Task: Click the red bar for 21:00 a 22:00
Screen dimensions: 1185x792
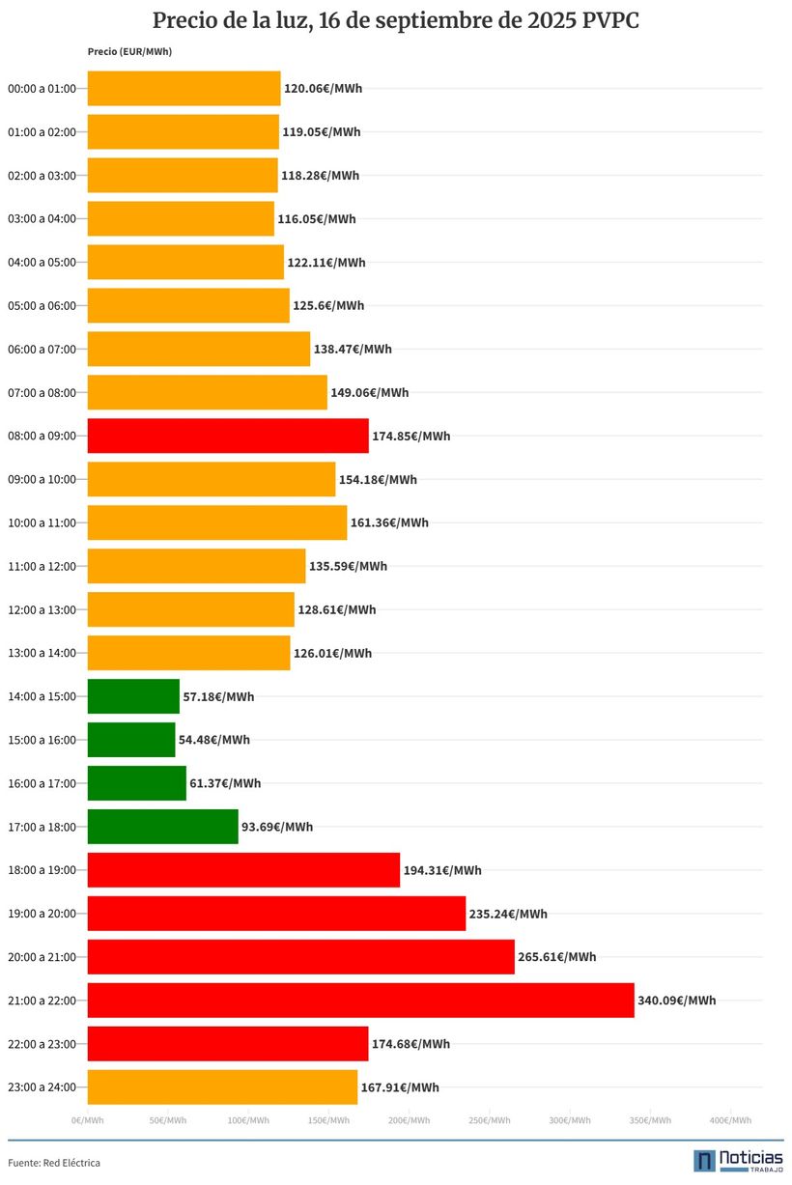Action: point(360,1001)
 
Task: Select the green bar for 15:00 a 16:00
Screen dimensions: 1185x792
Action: point(131,740)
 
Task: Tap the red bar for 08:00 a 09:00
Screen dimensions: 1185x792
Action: point(228,436)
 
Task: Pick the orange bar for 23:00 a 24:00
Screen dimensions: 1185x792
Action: point(222,1087)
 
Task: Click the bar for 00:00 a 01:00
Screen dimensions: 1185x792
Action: point(184,89)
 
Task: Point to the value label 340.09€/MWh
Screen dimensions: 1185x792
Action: point(676,1001)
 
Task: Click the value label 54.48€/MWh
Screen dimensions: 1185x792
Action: point(213,740)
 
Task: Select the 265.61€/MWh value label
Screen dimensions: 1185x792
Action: point(556,957)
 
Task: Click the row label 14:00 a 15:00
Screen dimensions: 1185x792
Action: point(42,696)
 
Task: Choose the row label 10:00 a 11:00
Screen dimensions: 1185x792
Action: point(42,522)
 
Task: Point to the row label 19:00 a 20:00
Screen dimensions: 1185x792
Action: point(42,914)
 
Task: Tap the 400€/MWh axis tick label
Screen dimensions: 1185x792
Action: point(730,1120)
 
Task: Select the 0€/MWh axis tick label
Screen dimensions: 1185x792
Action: point(88,1120)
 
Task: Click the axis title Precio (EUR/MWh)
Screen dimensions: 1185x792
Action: point(123,51)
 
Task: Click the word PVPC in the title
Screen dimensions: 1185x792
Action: point(610,21)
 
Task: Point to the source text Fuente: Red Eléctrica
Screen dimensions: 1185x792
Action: point(54,1163)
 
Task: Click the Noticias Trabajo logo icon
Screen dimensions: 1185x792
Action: point(704,1160)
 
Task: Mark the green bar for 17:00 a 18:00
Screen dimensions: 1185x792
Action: point(162,827)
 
